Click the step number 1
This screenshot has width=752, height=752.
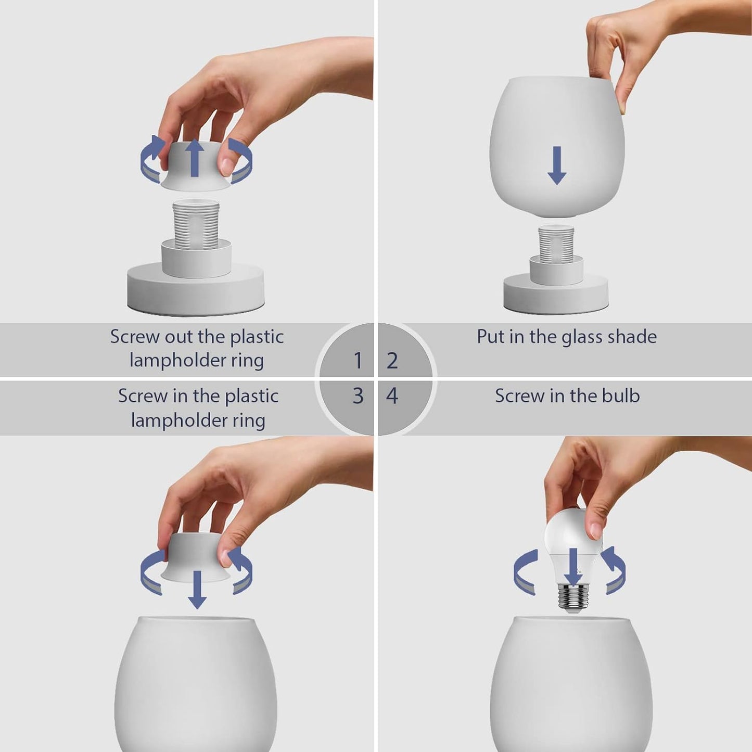pyautogui.click(x=358, y=361)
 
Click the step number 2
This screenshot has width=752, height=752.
pyautogui.click(x=392, y=361)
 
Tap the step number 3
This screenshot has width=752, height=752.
pyautogui.click(x=358, y=397)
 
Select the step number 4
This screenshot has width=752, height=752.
pyautogui.click(x=392, y=397)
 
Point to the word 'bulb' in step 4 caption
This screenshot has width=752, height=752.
pyautogui.click(x=620, y=396)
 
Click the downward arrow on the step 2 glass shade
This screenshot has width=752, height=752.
pyautogui.click(x=557, y=165)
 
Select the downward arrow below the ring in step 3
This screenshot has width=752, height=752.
pyautogui.click(x=197, y=590)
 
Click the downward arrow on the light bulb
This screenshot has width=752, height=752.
pyautogui.click(x=573, y=566)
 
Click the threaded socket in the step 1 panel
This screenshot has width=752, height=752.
pyautogui.click(x=196, y=224)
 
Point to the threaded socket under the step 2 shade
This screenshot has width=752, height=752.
pyautogui.click(x=556, y=244)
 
